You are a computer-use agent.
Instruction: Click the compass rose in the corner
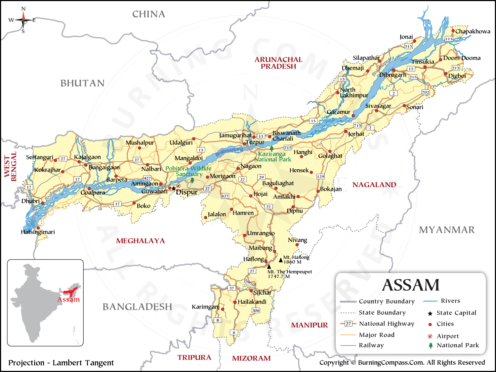point(23,20)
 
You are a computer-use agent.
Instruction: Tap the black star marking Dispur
point(174,188)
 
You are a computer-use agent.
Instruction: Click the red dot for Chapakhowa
point(453,31)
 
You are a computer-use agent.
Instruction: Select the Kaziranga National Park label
point(272,156)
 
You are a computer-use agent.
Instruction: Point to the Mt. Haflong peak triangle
point(281,260)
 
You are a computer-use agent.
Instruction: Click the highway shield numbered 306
point(256,310)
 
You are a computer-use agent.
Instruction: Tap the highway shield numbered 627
point(225,196)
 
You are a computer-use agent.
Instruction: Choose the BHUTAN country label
point(82,83)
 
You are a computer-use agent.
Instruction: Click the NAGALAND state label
point(374,185)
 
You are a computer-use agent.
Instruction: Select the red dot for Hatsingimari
point(38,228)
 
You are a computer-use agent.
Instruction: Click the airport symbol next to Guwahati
point(179,186)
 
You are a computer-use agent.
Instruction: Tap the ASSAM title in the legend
point(410,285)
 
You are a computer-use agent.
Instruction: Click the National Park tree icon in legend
point(431,346)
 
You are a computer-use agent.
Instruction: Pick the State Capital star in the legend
point(430,313)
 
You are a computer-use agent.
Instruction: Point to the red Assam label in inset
point(68,300)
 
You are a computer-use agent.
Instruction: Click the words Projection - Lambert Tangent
point(61,363)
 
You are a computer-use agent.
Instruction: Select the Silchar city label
point(262,293)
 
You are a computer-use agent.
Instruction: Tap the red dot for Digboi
point(446,74)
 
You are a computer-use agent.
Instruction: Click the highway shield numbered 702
point(426,92)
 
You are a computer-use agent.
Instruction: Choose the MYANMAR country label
point(446,230)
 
